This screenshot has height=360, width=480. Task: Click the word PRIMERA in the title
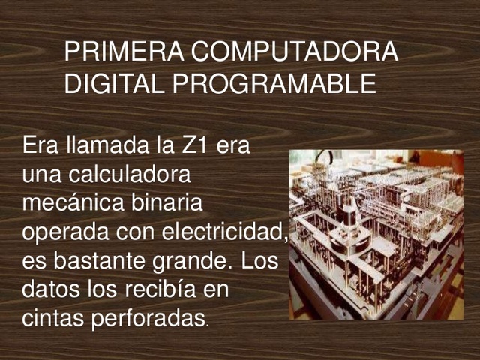[x=124, y=52]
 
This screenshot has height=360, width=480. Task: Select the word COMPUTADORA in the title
[x=294, y=52]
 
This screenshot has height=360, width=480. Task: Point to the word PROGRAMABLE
[x=270, y=83]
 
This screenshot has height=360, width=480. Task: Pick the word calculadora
[x=130, y=174]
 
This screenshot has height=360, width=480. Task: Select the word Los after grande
[x=259, y=262]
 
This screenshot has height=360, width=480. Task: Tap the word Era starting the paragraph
[x=40, y=144]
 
